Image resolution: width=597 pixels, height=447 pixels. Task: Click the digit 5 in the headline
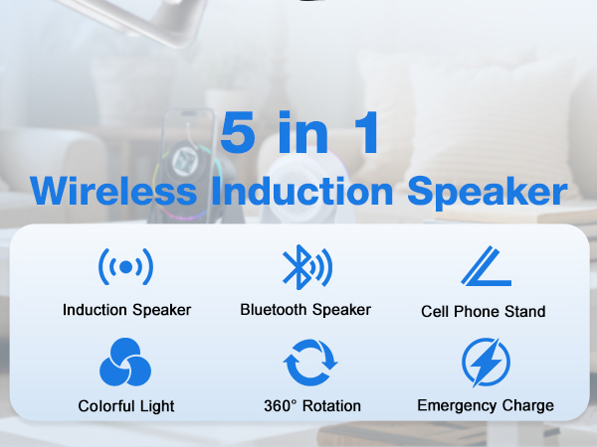(240, 134)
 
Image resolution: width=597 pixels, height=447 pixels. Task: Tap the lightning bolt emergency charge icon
(486, 364)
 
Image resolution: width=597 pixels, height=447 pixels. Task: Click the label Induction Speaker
(126, 310)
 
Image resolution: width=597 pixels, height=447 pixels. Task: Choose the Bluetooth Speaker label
(305, 310)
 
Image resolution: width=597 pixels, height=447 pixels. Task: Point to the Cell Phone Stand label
(484, 311)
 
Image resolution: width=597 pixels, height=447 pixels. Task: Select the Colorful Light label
(126, 405)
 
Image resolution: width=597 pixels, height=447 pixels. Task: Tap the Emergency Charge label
(486, 405)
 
